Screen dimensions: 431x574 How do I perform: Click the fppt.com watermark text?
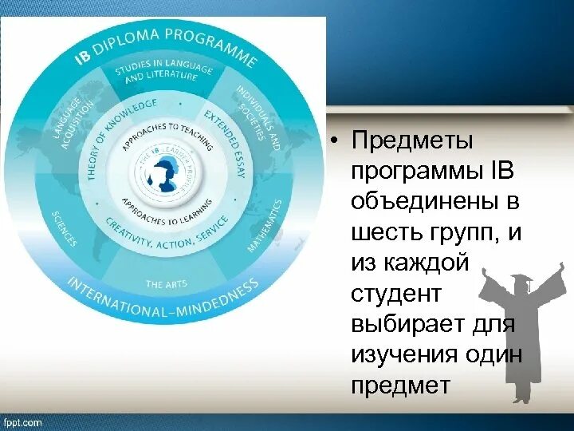(x=22, y=422)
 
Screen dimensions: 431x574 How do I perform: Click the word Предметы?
(x=411, y=142)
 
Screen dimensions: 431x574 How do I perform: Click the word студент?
(x=395, y=294)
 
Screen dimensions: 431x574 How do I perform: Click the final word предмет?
(x=400, y=386)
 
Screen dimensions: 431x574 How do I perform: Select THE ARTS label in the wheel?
(x=166, y=284)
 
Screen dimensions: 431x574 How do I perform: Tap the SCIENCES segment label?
(x=64, y=228)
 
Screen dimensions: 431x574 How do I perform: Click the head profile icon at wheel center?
(x=165, y=173)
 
